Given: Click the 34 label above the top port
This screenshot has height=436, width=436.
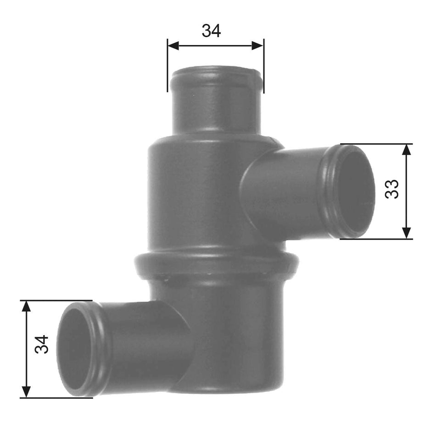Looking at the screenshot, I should pyautogui.click(x=211, y=31).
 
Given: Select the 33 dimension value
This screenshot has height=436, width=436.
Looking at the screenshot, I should pyautogui.click(x=392, y=188).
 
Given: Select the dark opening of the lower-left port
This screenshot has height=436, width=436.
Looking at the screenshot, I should pyautogui.click(x=74, y=350).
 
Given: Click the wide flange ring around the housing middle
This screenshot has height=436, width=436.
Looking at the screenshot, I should pyautogui.click(x=216, y=264).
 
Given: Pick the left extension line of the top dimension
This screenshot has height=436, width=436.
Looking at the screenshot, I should pyautogui.click(x=168, y=69).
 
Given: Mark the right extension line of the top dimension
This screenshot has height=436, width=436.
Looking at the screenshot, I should pyautogui.click(x=264, y=69).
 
